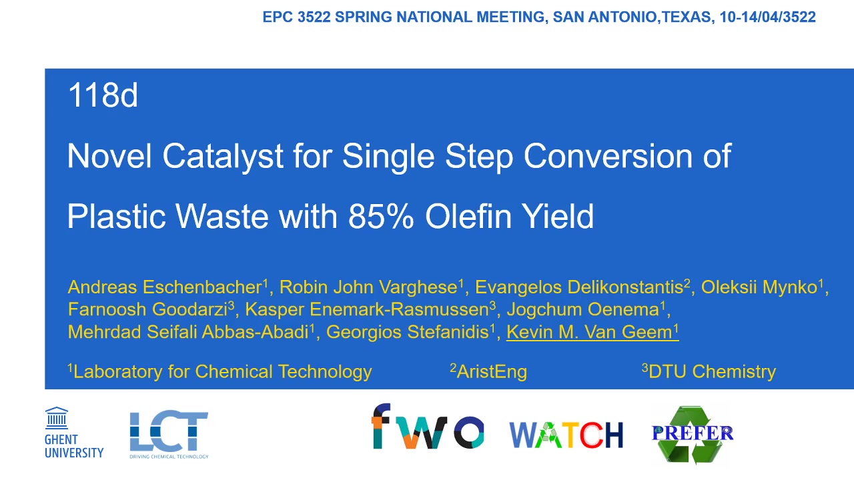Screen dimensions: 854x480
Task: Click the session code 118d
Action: (103, 95)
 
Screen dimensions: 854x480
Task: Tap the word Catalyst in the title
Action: (223, 156)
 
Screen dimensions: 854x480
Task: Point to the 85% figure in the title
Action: (381, 217)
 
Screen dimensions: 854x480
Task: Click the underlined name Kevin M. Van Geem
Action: (592, 332)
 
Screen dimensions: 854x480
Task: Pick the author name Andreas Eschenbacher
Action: (167, 287)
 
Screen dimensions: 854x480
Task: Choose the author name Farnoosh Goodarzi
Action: (151, 309)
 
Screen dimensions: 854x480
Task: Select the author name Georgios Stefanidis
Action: (410, 332)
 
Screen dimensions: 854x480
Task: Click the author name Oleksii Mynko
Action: (762, 287)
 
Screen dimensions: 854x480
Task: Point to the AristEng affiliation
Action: (489, 371)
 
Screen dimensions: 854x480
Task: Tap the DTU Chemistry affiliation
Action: (709, 371)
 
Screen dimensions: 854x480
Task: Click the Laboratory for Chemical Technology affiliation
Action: (220, 372)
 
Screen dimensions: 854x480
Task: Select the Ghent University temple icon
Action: (57, 418)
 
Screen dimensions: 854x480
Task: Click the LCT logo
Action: (169, 435)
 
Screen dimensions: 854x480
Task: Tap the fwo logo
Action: (428, 426)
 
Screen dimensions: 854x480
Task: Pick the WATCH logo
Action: (566, 435)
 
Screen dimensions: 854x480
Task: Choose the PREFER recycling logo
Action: (693, 434)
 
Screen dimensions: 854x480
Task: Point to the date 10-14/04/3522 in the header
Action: (767, 17)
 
